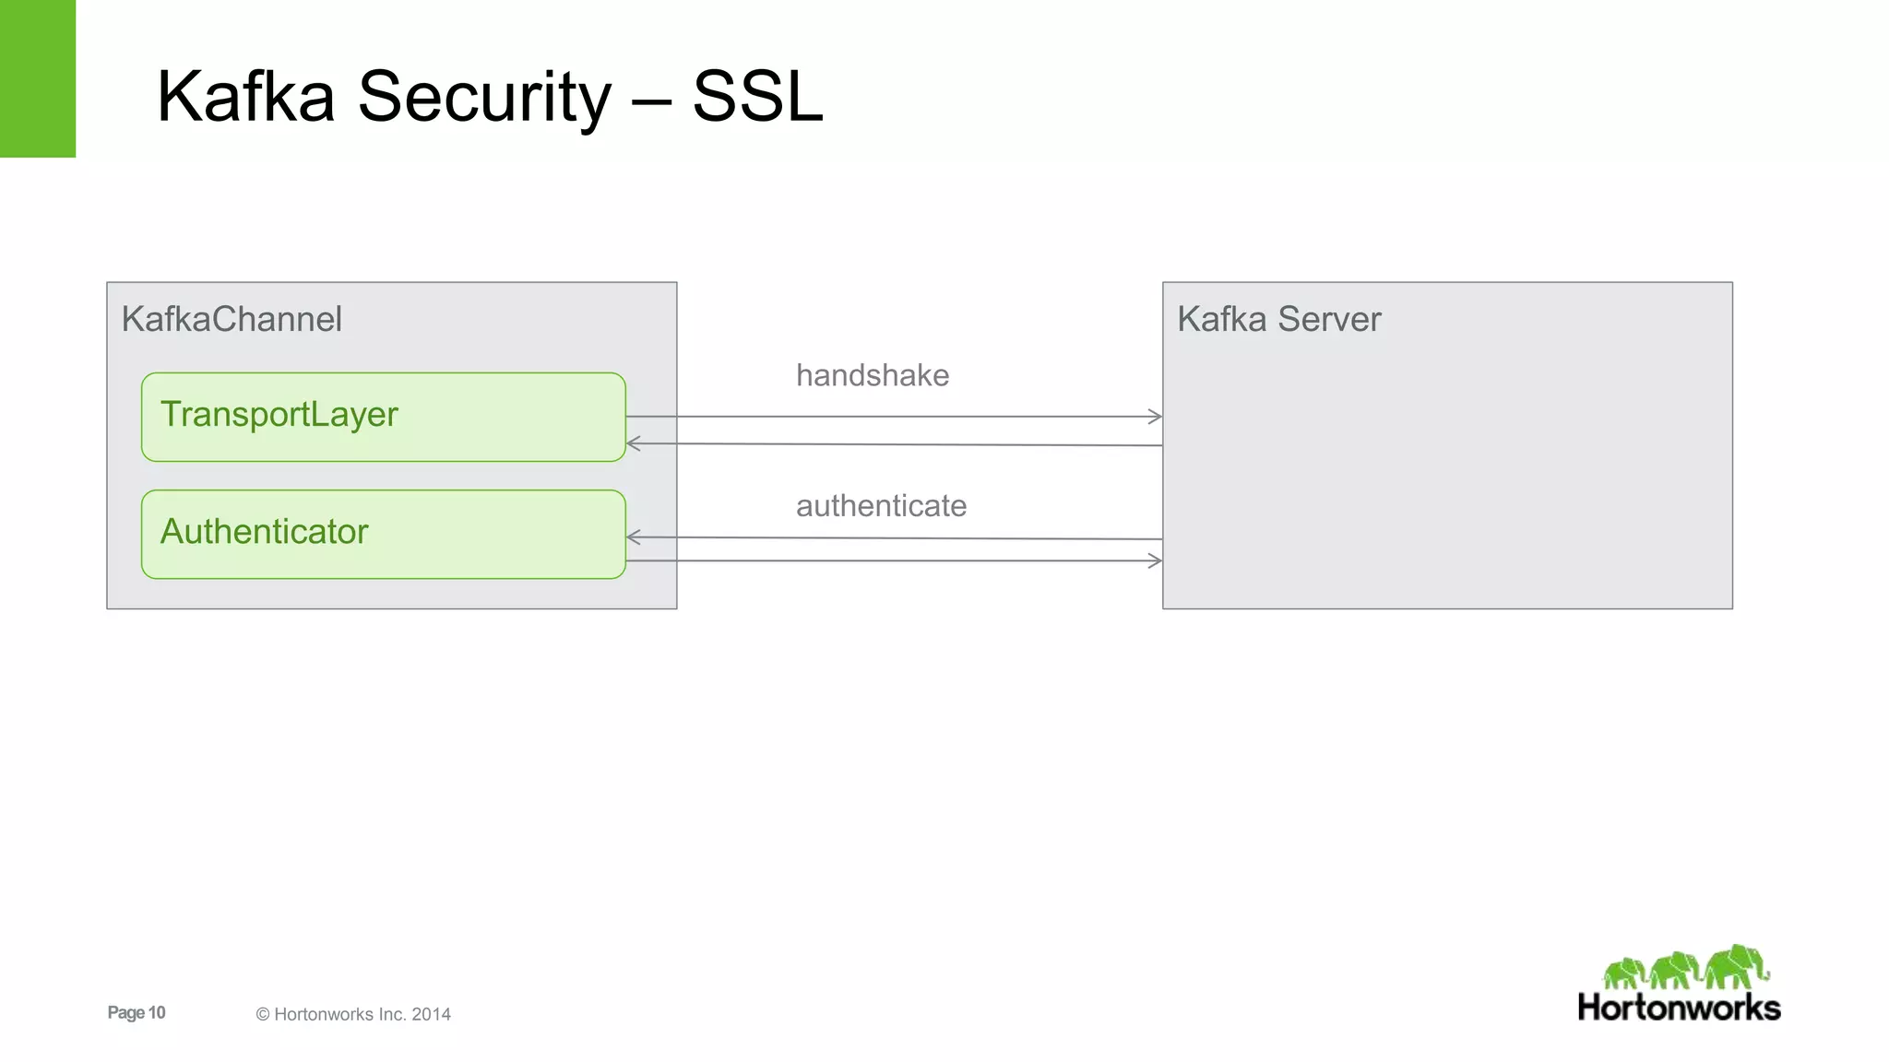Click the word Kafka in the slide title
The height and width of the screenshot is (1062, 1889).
point(245,97)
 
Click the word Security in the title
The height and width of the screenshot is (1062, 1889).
point(483,97)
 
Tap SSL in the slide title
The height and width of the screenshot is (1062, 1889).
point(756,97)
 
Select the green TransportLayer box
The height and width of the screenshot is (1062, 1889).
point(383,417)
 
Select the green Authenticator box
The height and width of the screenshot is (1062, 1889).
point(383,534)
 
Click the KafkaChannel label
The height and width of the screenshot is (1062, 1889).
point(232,319)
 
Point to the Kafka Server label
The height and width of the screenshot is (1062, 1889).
point(1278,319)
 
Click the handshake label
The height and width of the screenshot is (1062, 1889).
point(872,375)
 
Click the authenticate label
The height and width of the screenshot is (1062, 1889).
point(881,505)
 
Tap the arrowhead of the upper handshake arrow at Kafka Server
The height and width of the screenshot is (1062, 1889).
point(1156,417)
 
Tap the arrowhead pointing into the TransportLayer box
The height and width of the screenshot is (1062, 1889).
point(633,443)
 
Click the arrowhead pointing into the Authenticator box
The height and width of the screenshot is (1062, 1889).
point(633,537)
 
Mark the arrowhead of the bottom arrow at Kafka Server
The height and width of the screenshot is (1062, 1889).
point(1156,560)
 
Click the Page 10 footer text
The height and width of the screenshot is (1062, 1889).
point(137,1012)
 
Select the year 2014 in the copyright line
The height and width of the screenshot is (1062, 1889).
point(431,1014)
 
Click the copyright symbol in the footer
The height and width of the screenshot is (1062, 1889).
point(263,1014)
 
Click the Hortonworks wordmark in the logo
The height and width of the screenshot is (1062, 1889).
point(1679,1008)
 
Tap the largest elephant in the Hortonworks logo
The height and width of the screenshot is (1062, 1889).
point(1736,966)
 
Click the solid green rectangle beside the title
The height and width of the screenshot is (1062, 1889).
point(37,78)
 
